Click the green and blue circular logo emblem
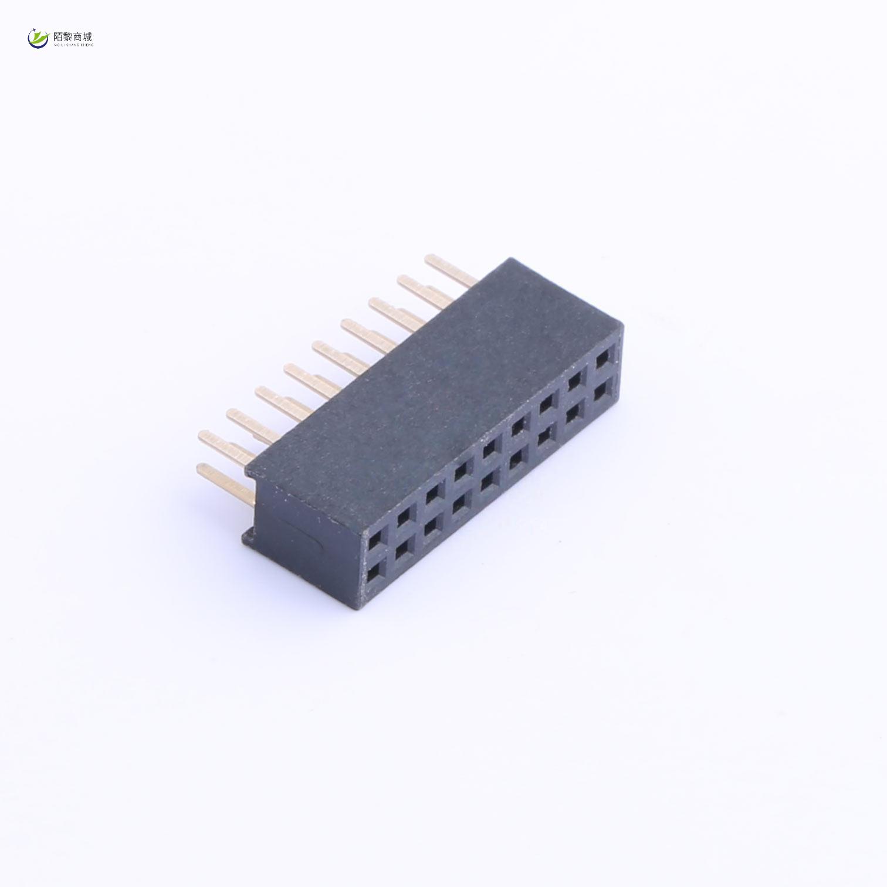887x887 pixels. tap(39, 39)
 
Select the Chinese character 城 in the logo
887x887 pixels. tap(88, 36)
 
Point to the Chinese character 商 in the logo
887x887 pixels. tap(78, 36)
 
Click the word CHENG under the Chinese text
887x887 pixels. tap(87, 45)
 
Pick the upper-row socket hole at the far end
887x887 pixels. tap(602, 360)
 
